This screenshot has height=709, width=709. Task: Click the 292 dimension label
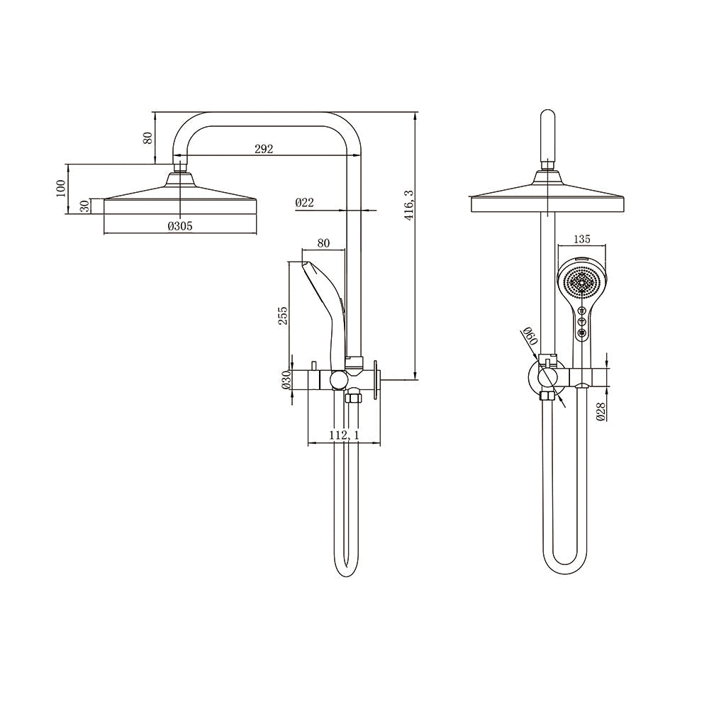[x=262, y=149]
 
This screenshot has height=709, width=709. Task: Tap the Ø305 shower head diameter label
[x=180, y=226]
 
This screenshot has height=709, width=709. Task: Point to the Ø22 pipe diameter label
[x=304, y=203]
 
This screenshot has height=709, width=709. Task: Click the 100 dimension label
[x=61, y=188]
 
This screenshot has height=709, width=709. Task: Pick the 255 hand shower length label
[x=283, y=316]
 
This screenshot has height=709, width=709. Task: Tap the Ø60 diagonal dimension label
[x=528, y=337]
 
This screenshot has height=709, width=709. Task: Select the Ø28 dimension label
[x=601, y=411]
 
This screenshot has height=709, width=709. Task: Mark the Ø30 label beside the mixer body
[x=286, y=380]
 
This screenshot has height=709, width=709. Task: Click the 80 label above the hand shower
[x=323, y=242]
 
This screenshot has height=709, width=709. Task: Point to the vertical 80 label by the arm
[x=147, y=137]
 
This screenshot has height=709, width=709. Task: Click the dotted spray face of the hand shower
[x=582, y=284]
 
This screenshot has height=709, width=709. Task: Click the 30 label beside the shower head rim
[x=84, y=206]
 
